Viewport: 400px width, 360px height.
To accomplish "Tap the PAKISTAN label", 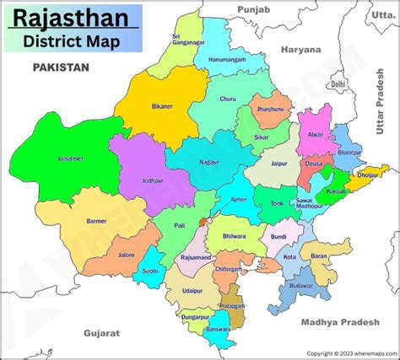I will (x=61, y=67).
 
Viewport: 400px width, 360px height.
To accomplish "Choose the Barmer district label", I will (x=96, y=221).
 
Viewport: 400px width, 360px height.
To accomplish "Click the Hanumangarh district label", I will (x=227, y=61).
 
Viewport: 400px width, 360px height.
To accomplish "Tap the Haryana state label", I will (x=302, y=50).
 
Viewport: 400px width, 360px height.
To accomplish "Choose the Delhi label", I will (x=338, y=84).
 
